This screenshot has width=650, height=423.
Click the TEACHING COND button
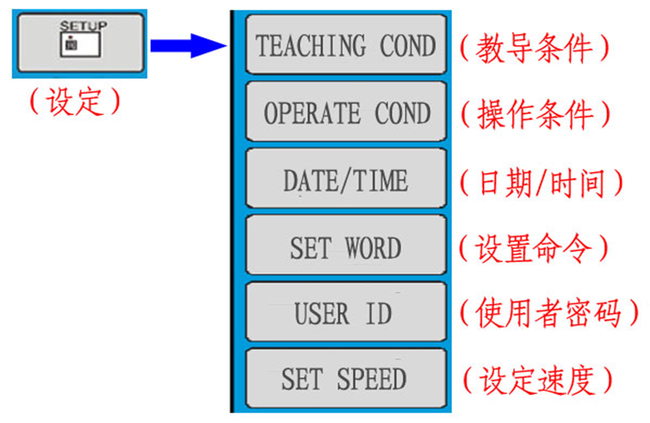346,45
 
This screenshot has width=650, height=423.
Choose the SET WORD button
346,248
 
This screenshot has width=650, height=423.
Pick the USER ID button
346,314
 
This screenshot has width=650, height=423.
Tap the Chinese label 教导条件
534,48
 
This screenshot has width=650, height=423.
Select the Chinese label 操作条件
535,115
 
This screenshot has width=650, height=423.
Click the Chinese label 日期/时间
541,183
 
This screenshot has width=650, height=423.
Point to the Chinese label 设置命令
534,249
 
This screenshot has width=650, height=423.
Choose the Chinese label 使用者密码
549,314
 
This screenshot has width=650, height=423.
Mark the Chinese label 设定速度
536,380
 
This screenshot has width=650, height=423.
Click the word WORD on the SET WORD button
372,249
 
